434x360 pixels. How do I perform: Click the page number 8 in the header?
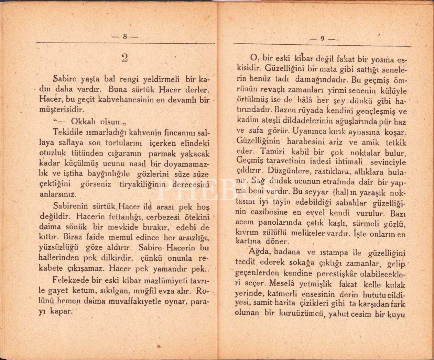(x=125, y=37)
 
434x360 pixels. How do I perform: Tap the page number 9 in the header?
(x=322, y=38)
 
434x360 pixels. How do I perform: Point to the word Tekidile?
(x=67, y=132)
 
